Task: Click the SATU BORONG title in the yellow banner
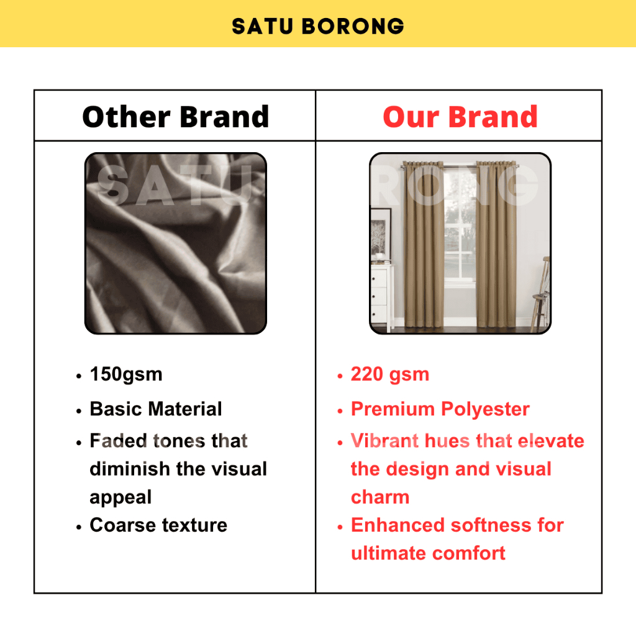tap(317, 26)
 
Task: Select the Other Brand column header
tap(175, 117)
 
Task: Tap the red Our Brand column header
tap(460, 117)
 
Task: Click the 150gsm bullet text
tap(125, 375)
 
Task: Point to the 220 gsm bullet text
tap(390, 375)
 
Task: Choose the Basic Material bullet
tap(156, 409)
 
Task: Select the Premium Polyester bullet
tap(440, 409)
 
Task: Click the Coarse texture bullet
tap(158, 525)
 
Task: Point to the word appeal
tap(120, 497)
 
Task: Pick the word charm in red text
tap(380, 497)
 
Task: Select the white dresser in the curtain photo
tap(382, 297)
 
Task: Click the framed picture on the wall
tap(381, 233)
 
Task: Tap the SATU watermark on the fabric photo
tap(175, 185)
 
